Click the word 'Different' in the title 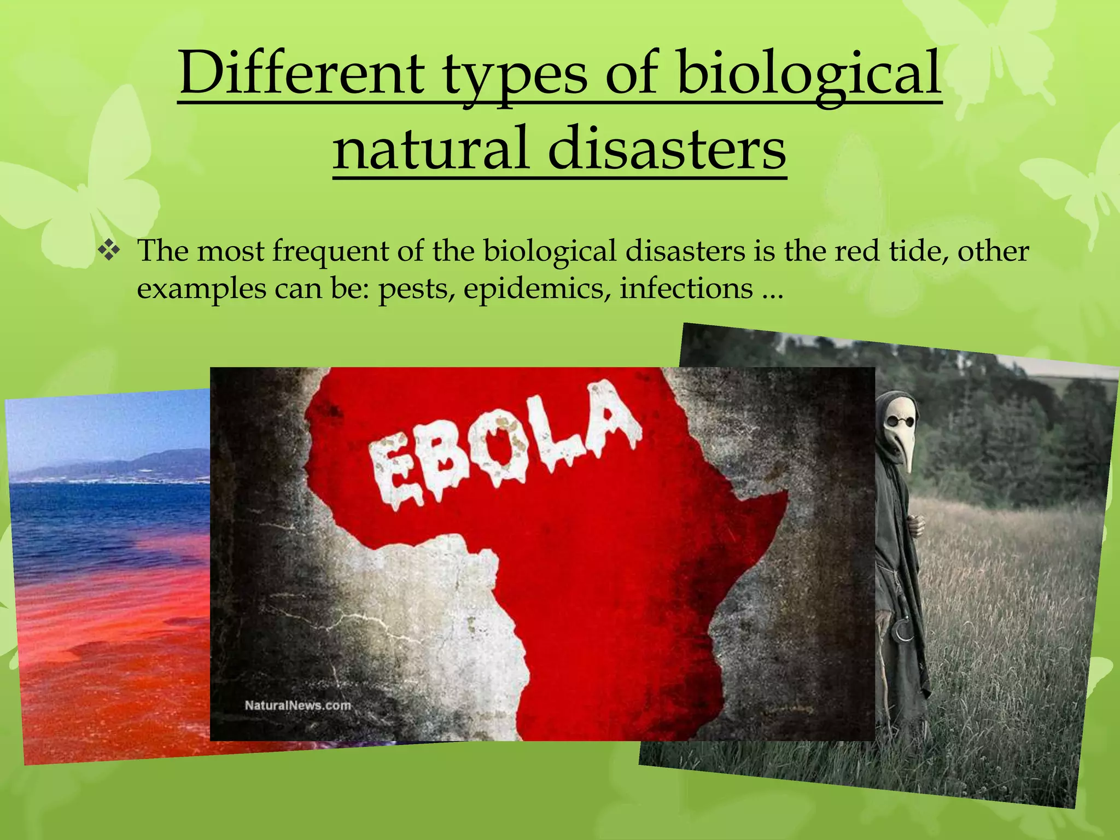pos(301,74)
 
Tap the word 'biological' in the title pos(809,74)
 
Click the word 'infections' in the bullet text pos(686,288)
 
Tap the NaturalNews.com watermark pos(297,705)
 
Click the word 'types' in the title pos(514,74)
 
